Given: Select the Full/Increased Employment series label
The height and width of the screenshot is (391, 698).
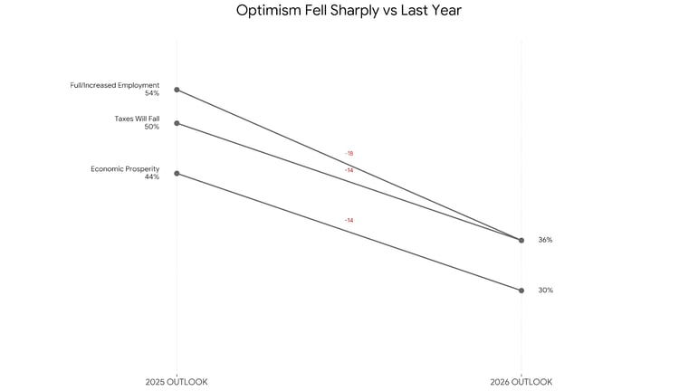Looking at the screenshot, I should tap(115, 85).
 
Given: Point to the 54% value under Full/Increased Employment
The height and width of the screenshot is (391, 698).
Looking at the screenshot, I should tap(151, 93).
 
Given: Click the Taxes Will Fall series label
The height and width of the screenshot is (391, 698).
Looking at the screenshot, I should tap(137, 119).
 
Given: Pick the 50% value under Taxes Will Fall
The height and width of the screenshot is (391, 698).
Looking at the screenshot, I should tap(151, 127).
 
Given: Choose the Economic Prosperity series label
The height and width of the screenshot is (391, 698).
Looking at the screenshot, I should tap(125, 168).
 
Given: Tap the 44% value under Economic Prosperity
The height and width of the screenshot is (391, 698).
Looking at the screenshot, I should tap(151, 176).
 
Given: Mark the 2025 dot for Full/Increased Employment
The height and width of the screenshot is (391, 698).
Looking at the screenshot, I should tap(177, 90).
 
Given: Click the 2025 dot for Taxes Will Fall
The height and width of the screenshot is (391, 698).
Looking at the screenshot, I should tap(177, 123).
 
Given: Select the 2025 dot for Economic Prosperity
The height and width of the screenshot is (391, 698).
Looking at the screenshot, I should tap(177, 173).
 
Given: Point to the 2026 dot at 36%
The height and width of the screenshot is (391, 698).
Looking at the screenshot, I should tap(521, 240).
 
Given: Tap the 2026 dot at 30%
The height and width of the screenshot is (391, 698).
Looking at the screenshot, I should tap(521, 291).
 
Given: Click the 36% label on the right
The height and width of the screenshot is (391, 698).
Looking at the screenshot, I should tap(545, 240).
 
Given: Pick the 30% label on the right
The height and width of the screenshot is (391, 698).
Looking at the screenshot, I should tap(545, 291).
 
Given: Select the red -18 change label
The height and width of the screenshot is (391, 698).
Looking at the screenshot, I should tap(349, 154).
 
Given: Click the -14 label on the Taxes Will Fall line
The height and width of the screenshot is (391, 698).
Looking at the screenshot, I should tap(349, 170).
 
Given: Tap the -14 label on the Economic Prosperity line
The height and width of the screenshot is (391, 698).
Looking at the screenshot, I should tap(349, 221).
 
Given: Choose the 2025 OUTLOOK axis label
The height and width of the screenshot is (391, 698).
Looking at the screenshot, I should tap(177, 382).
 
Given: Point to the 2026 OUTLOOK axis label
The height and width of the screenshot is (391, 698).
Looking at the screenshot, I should tap(521, 382).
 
